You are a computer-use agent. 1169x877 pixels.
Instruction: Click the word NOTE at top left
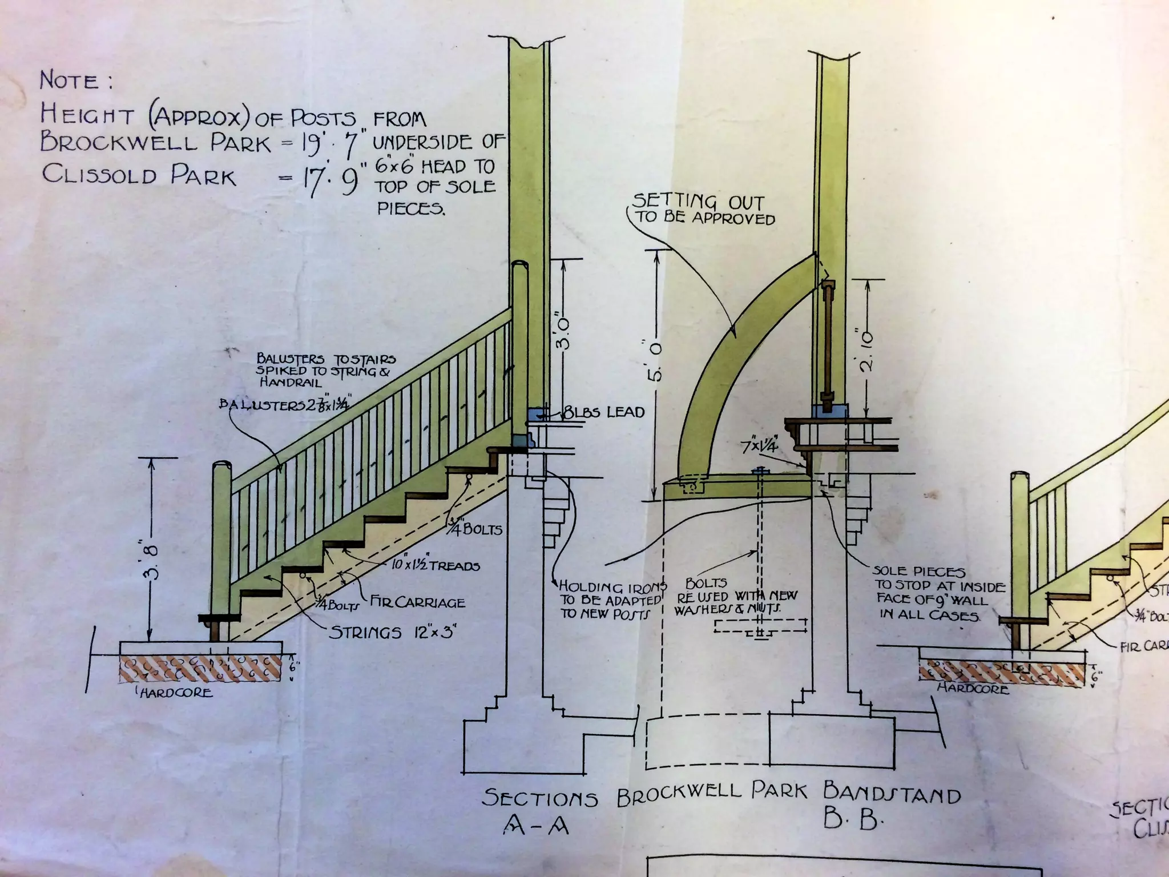70,80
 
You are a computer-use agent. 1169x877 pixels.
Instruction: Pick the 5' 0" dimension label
655,361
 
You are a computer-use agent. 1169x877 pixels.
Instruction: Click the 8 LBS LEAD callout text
604,412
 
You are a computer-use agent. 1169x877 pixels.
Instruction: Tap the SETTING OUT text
698,201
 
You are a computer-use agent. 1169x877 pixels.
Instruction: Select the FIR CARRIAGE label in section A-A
418,602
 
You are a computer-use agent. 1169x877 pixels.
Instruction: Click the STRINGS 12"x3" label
393,632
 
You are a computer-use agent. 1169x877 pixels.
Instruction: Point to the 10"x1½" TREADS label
435,565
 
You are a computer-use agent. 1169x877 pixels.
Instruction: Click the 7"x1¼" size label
759,446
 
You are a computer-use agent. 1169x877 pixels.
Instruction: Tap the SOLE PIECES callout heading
918,571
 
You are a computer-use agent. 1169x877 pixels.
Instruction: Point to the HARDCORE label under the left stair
175,693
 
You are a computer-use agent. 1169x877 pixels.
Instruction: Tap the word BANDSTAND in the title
892,794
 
